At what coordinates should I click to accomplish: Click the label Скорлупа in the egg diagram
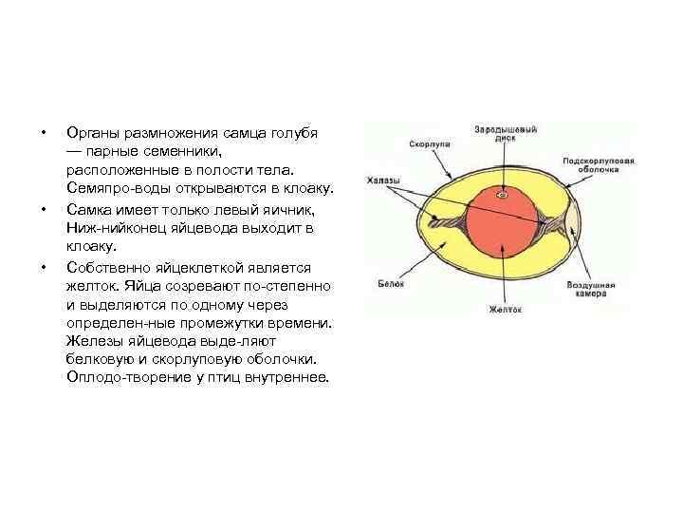(429, 142)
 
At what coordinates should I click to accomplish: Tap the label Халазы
(382, 180)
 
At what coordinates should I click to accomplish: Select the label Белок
(391, 283)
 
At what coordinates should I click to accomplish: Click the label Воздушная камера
(592, 289)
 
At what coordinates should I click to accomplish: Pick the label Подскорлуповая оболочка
(598, 165)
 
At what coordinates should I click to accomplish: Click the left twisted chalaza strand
(446, 224)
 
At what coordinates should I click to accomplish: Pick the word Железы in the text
(94, 341)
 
